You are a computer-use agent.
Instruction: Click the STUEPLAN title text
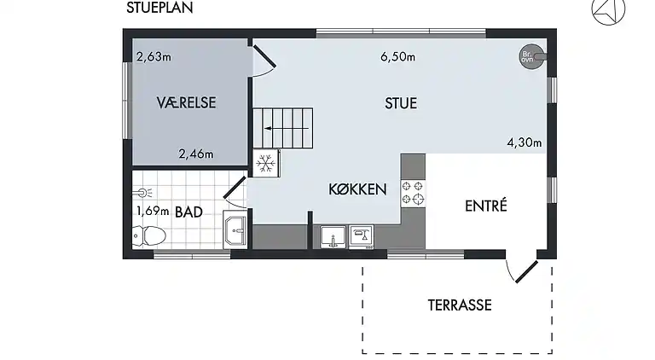159,9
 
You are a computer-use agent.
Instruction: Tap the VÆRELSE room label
186,102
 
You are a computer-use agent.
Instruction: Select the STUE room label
401,103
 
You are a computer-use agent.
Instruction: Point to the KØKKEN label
359,189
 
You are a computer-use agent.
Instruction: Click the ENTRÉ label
486,206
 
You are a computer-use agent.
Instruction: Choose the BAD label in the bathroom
188,212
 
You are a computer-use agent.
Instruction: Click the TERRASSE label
459,304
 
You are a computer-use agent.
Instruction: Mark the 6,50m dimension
397,58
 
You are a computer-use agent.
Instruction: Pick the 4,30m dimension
524,142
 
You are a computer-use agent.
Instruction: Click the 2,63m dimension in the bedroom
154,58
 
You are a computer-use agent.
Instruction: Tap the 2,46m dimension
195,154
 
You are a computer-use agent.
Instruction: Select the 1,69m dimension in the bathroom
153,211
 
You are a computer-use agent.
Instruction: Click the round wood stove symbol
528,57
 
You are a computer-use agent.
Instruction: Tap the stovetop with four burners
414,193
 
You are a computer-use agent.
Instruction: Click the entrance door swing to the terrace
521,268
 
